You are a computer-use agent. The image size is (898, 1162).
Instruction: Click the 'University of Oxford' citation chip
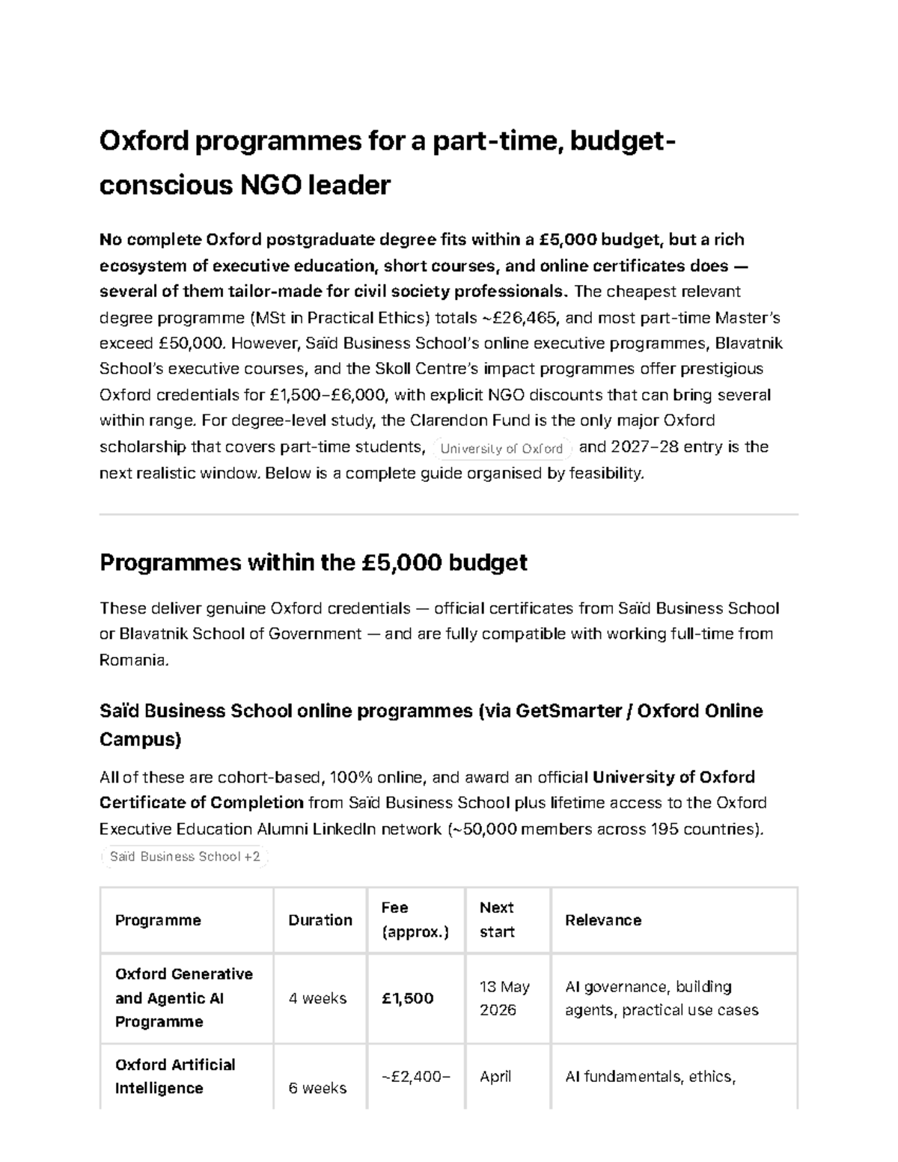pyautogui.click(x=501, y=449)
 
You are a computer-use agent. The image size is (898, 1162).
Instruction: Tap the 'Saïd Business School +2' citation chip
pyautogui.click(x=184, y=857)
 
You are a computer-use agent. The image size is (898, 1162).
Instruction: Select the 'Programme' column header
pyautogui.click(x=158, y=920)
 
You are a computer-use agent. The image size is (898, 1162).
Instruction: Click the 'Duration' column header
pyautogui.click(x=320, y=920)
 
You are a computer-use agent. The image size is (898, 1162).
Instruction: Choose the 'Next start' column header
pyautogui.click(x=497, y=920)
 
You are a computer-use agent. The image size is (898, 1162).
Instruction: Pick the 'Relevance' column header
pyautogui.click(x=603, y=920)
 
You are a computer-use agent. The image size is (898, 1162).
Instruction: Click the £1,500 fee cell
pyautogui.click(x=407, y=998)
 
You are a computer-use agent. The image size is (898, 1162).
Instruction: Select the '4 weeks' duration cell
pyautogui.click(x=317, y=998)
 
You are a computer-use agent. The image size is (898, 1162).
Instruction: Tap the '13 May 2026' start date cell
pyautogui.click(x=504, y=998)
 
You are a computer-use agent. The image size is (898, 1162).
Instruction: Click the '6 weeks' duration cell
pyautogui.click(x=317, y=1088)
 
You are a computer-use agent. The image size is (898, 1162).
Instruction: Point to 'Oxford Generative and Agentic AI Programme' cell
pyautogui.click(x=184, y=998)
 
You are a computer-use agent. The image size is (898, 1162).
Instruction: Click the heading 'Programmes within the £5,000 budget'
pyautogui.click(x=313, y=563)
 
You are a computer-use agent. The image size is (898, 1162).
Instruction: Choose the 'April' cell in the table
pyautogui.click(x=495, y=1077)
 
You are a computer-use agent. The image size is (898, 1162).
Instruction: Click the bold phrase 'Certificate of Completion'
pyautogui.click(x=201, y=803)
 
